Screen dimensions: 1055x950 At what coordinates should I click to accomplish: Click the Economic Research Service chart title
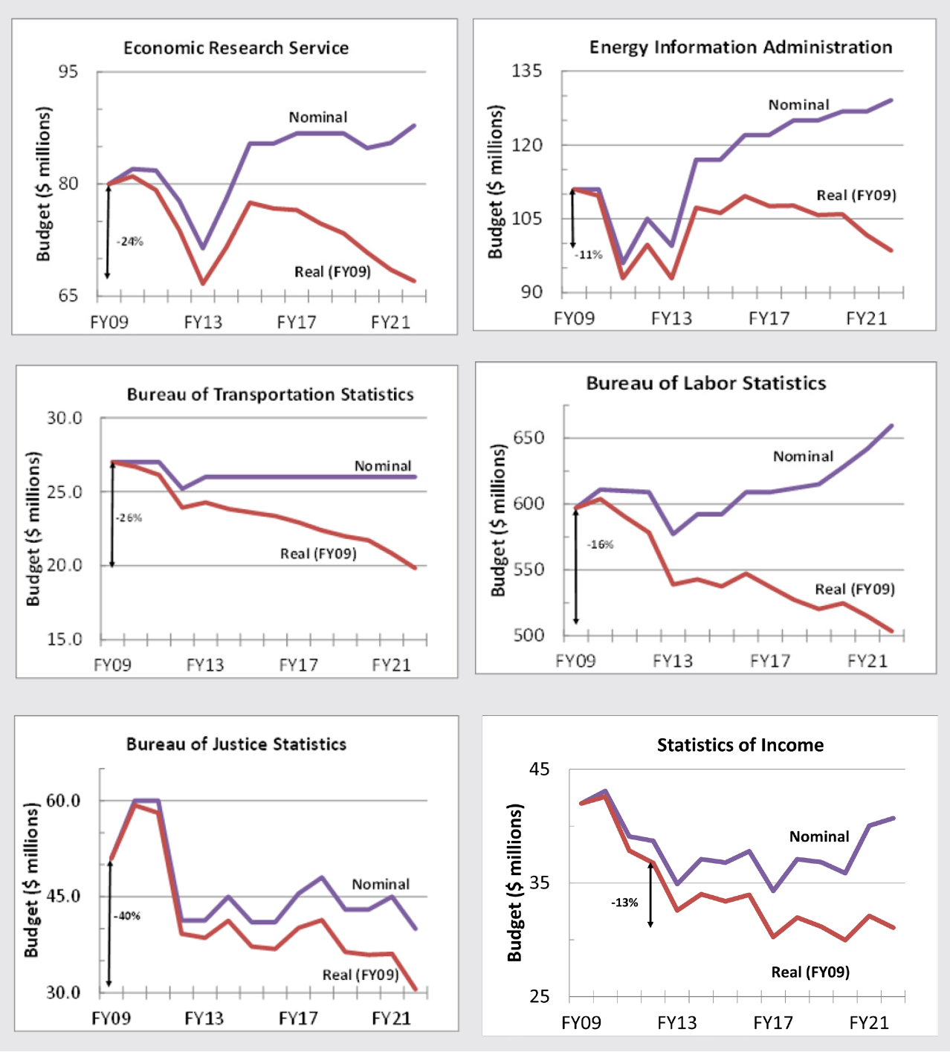tap(236, 48)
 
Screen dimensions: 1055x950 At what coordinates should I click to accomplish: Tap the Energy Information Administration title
tap(740, 48)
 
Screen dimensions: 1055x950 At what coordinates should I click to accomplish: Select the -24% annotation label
tap(130, 242)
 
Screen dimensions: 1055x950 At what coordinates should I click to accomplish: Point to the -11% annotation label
tap(589, 254)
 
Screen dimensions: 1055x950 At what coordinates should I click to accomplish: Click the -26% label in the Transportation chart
tap(129, 517)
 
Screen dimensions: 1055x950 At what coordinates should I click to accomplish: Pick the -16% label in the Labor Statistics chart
tap(601, 544)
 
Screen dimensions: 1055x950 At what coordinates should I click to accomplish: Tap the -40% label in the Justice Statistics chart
tap(128, 916)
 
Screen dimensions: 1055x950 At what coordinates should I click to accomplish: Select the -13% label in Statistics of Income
tap(624, 903)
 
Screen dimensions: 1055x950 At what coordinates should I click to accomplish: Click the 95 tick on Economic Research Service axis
tap(68, 72)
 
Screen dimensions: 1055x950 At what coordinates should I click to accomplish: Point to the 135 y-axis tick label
tap(526, 71)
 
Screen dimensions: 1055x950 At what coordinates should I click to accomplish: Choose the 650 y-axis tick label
tap(529, 438)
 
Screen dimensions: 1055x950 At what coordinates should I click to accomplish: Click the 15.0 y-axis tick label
tap(65, 639)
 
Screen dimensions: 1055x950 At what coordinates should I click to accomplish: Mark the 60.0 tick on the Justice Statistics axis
tap(63, 801)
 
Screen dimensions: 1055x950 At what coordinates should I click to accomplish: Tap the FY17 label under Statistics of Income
tap(773, 1023)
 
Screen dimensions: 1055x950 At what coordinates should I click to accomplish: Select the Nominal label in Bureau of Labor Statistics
tap(803, 456)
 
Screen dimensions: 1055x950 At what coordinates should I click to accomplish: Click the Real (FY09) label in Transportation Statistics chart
tap(318, 554)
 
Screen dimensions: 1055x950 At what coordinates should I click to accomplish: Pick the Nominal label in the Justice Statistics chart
tap(381, 884)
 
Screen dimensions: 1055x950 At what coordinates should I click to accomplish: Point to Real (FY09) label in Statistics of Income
tap(810, 972)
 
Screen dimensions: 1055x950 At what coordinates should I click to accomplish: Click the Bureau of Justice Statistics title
tap(236, 744)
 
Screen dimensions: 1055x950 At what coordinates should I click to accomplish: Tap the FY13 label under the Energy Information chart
tap(671, 319)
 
